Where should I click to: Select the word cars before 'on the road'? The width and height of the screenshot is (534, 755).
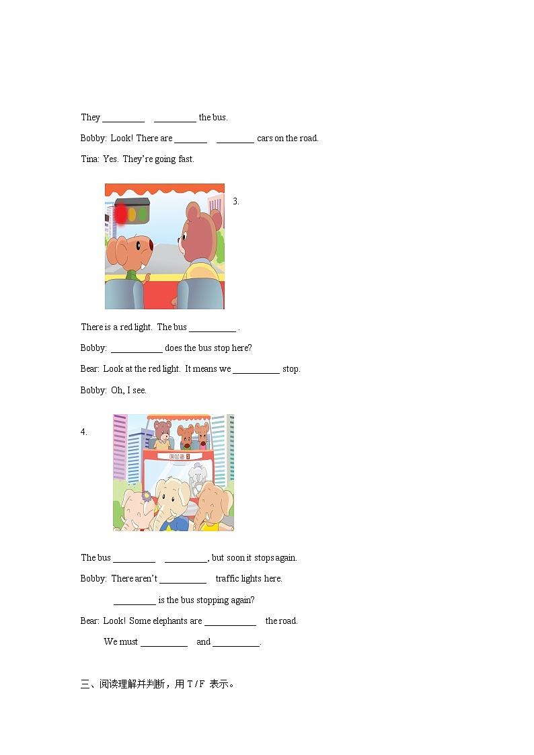(265, 138)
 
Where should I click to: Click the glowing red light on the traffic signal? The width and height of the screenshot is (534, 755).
(121, 214)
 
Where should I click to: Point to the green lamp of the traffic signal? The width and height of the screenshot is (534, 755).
(143, 214)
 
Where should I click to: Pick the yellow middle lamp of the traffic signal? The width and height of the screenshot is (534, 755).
(132, 214)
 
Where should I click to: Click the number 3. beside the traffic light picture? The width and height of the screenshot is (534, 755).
(236, 202)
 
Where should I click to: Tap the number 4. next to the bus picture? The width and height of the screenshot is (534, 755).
(84, 432)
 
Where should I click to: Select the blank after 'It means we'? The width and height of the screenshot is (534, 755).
(256, 370)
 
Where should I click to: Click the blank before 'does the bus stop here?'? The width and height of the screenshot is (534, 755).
(137, 349)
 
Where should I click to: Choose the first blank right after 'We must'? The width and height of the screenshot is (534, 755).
(164, 643)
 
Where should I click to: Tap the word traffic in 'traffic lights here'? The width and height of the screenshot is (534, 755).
(229, 579)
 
